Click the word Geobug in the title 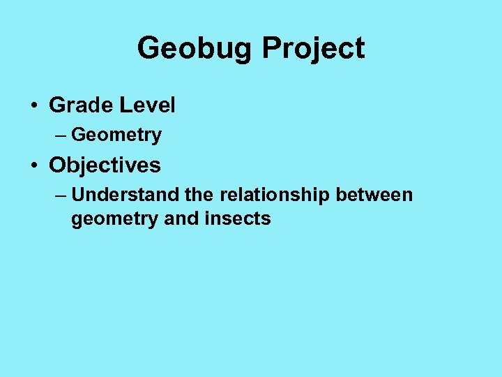195,49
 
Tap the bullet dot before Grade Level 33,106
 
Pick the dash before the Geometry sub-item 61,135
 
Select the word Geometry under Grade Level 116,135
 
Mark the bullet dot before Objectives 33,166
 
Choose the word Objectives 105,165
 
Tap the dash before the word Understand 61,195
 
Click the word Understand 118,195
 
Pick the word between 374,195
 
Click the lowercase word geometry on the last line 114,219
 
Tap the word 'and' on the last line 181,219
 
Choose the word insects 238,219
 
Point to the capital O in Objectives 57,165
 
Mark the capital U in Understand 77,195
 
